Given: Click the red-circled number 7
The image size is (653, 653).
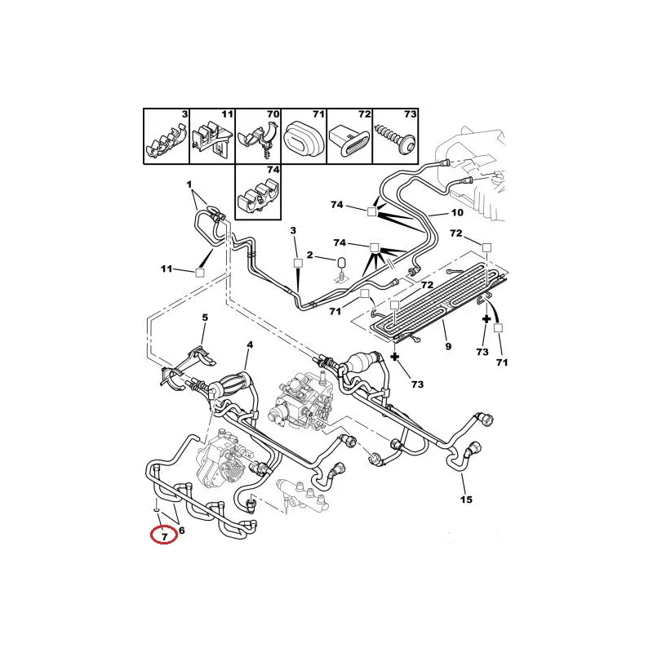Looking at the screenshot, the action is coord(165,537).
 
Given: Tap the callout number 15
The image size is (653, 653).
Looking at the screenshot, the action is coord(466,500).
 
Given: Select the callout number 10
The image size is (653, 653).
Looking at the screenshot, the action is coord(457,212).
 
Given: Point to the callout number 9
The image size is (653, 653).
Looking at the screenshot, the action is coord(448,346).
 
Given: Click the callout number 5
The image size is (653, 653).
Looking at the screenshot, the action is coord(205,318).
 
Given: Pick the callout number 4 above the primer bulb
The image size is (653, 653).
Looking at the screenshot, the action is coord(250,344).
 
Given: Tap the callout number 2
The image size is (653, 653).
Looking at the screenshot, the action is coord(309,255).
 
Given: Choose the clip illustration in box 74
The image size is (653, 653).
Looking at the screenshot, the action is coord(258,195).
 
